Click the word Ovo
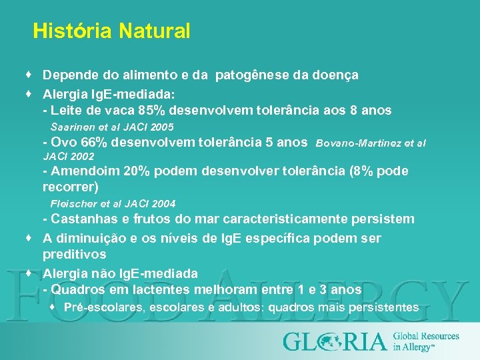coord(65,142)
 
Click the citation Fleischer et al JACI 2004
coord(113,203)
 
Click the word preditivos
coord(75,255)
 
